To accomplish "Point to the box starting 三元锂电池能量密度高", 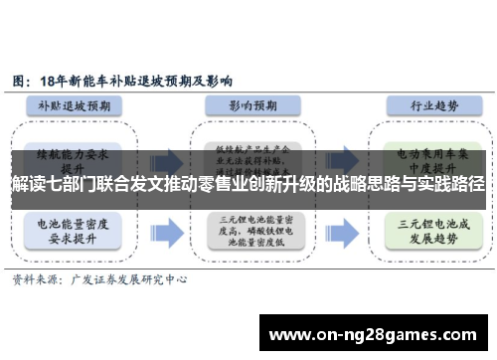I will (x=248, y=231).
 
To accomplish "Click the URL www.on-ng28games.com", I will (x=374, y=334).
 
